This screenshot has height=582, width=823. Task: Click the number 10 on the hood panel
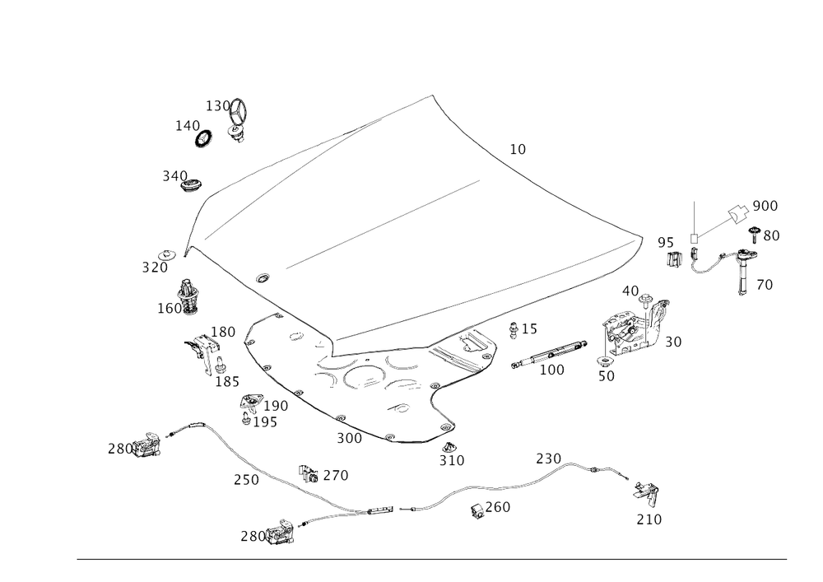(x=518, y=149)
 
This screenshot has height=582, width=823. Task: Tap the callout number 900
(x=765, y=205)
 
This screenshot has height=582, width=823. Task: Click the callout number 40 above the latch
(x=630, y=290)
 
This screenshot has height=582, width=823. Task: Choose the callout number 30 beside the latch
(x=673, y=341)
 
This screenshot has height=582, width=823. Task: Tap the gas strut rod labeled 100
(x=559, y=352)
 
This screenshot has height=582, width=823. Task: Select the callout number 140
(x=186, y=125)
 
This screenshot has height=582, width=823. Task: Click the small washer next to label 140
(x=202, y=137)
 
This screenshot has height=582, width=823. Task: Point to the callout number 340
(x=174, y=175)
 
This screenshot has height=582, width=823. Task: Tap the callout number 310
(x=452, y=462)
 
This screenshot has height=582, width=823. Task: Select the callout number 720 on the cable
(x=548, y=456)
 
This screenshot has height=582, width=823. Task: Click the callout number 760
(x=497, y=508)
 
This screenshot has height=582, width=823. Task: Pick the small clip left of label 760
(x=477, y=511)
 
